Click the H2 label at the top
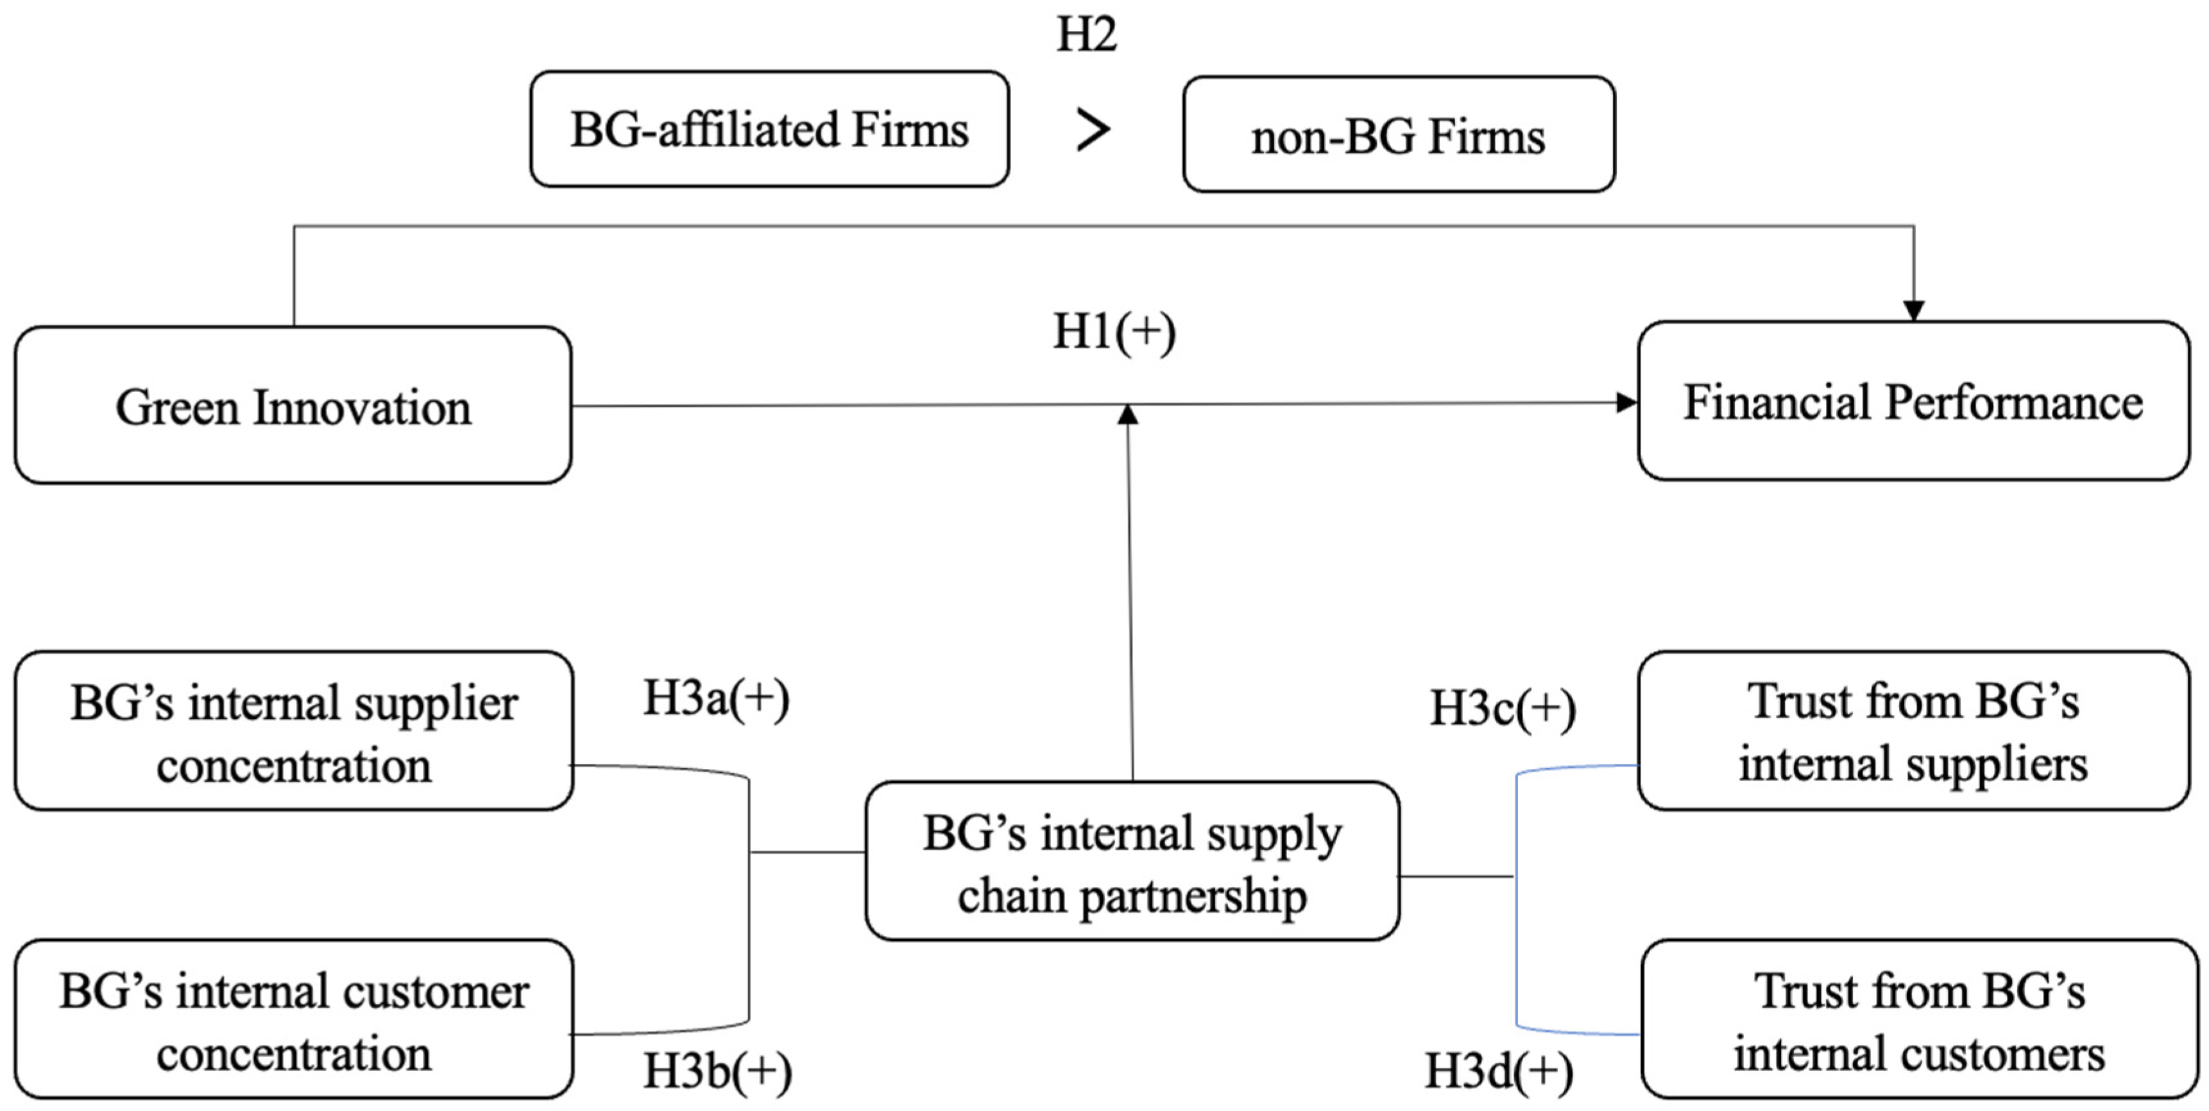pos(1086,34)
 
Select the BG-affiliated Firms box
pos(769,130)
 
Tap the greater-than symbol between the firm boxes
pos(1093,130)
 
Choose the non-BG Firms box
pos(1398,135)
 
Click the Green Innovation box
pos(293,405)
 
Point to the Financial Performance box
pos(1913,400)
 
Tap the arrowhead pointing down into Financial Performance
pos(1913,311)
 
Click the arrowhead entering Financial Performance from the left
pos(1626,402)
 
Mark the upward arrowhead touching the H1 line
pos(1129,415)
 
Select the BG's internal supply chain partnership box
pos(1132,861)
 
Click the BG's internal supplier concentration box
pos(293,731)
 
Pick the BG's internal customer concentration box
pos(293,1019)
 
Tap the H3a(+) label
pos(716,698)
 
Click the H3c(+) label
pos(1503,709)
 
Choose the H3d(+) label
pos(1499,1072)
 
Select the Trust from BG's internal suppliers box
pos(1913,731)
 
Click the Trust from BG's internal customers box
pos(1918,1019)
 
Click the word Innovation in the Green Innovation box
pos(361,407)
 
